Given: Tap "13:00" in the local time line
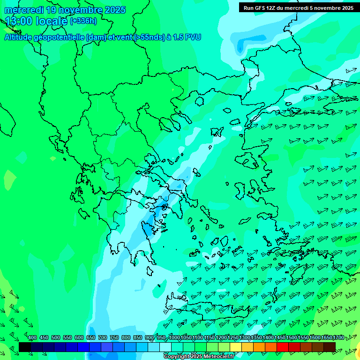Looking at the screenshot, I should click(x=19, y=21).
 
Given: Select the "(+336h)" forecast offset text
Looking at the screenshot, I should click(x=83, y=21).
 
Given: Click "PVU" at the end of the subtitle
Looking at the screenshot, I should click(x=193, y=37).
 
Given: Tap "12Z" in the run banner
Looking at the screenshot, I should click(x=272, y=8).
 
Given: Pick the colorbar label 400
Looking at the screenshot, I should click(x=32, y=337).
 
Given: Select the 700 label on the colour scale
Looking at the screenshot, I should click(x=103, y=337).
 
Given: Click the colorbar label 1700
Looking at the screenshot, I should click(x=338, y=337).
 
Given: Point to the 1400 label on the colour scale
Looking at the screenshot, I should click(x=268, y=337).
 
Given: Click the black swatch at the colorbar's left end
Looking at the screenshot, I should click(x=25, y=347).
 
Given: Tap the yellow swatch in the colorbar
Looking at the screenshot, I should click(x=236, y=347).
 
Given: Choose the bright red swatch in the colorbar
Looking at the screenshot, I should click(x=283, y=347).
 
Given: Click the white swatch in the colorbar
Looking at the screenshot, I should click(x=165, y=347).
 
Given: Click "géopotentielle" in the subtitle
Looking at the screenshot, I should click(x=59, y=37).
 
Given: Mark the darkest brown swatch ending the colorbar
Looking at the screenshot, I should click(x=330, y=347).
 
